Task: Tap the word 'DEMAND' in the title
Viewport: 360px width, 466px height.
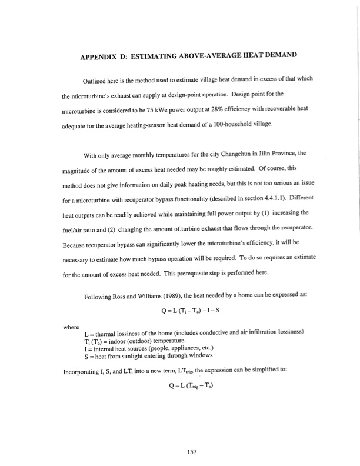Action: tap(276, 56)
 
